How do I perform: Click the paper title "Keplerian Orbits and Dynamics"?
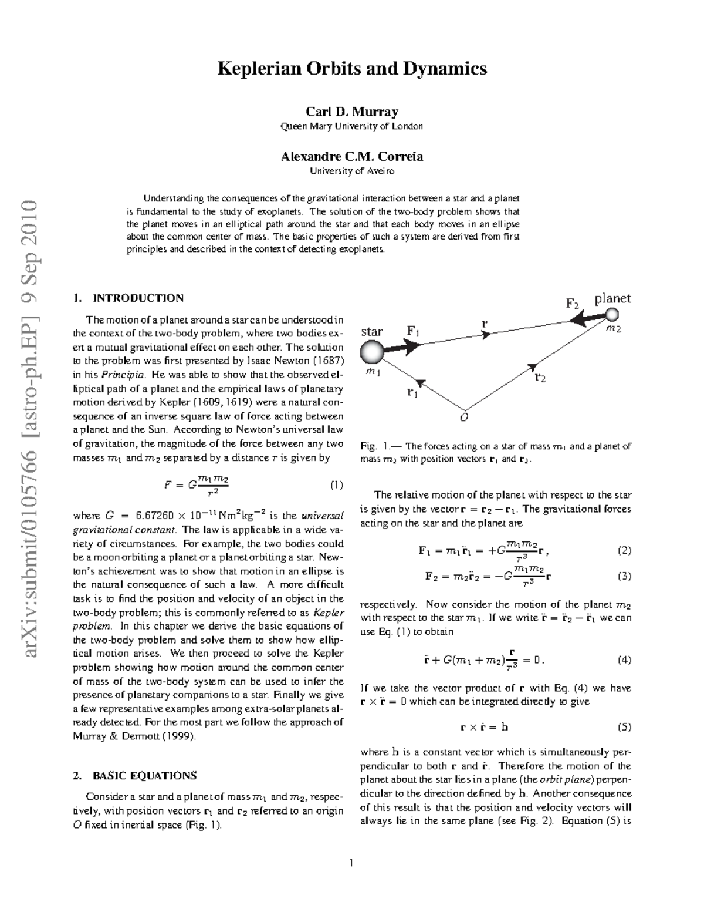pos(352,69)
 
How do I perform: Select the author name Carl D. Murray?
pos(352,112)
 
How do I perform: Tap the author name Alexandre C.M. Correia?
pos(352,156)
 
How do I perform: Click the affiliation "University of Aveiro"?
pos(352,171)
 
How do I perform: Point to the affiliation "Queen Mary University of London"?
pos(352,126)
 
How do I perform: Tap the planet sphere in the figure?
pos(612,316)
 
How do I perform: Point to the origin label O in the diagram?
pos(465,418)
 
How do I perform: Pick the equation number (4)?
pos(624,659)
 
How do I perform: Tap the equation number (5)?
pos(624,726)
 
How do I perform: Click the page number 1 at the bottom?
pos(351,862)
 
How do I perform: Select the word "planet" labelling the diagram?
pos(612,298)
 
